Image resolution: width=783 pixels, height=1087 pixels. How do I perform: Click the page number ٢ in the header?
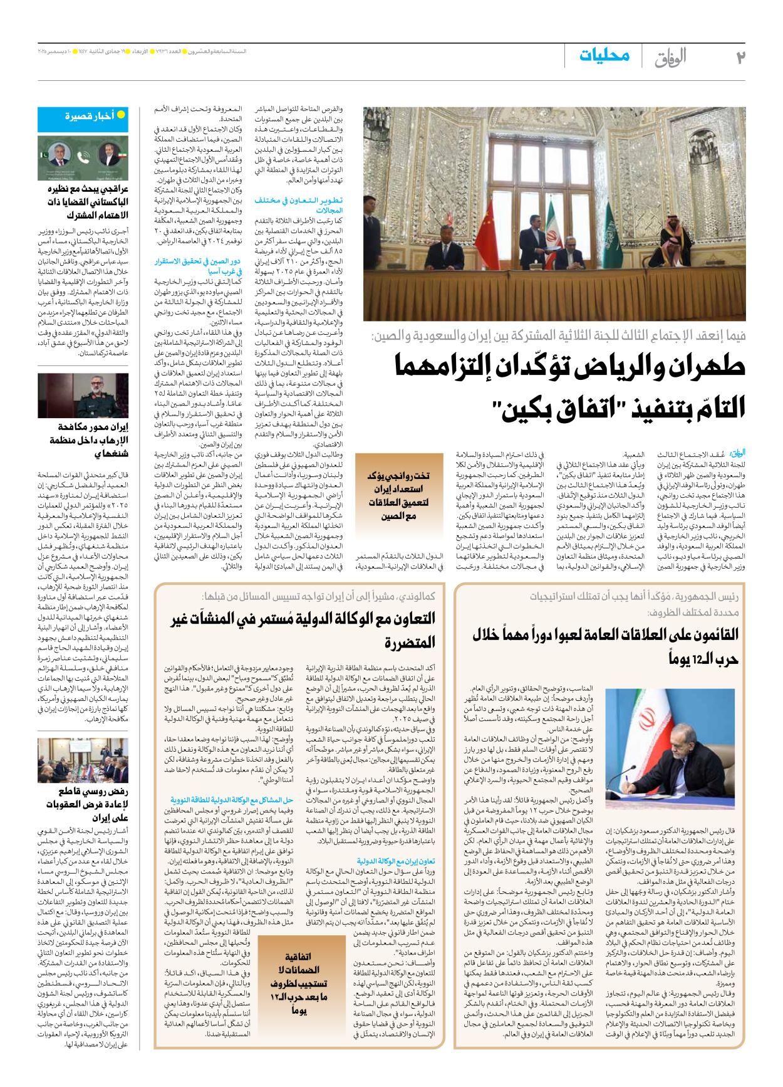point(740,58)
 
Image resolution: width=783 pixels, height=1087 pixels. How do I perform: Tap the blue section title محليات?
point(604,55)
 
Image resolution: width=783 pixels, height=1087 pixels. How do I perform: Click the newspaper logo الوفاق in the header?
point(670,58)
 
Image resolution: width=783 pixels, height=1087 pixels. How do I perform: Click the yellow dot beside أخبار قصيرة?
point(121,115)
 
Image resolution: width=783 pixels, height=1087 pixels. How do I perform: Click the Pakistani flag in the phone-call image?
point(46,154)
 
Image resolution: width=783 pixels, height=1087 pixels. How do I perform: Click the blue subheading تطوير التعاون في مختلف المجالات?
point(299,205)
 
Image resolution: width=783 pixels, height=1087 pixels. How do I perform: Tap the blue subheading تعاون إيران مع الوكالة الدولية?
point(395,861)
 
